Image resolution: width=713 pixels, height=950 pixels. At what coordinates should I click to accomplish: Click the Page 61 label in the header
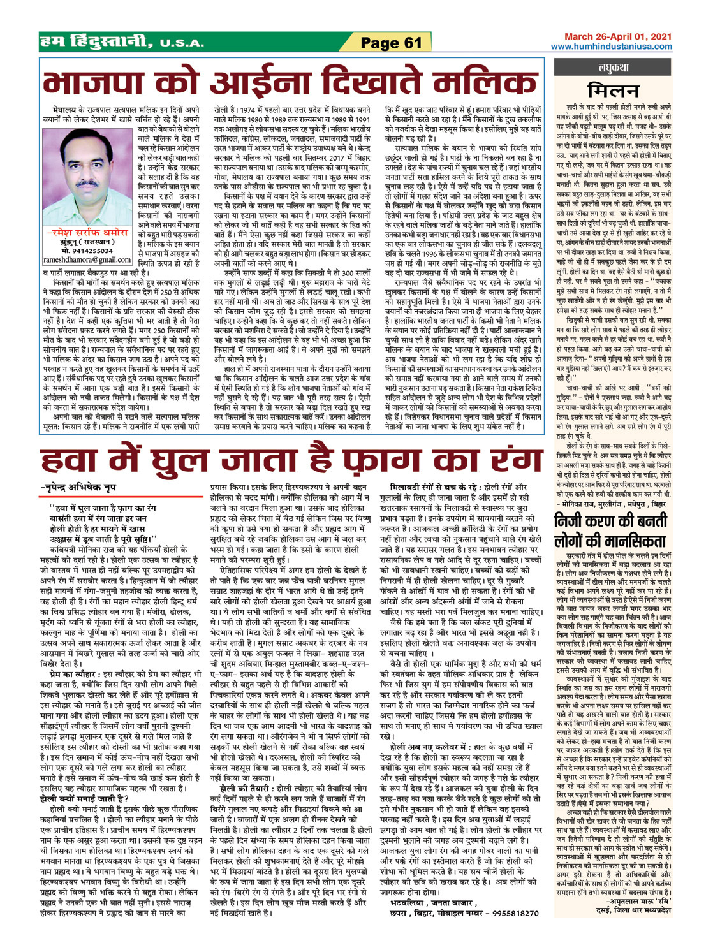[x=391, y=43]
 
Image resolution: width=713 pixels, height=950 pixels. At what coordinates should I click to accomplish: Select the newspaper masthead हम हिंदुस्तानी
[x=96, y=42]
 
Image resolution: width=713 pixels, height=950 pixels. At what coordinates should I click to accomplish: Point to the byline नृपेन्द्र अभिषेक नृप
[x=80, y=470]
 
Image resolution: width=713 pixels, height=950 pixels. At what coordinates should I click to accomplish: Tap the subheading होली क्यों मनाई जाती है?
[x=84, y=798]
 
